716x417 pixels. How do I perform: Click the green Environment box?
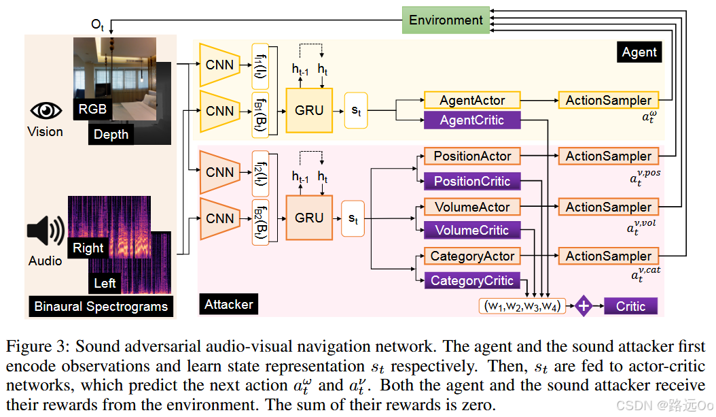point(446,20)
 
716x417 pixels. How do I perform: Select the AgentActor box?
point(472,100)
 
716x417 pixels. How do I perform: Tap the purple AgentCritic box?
point(472,120)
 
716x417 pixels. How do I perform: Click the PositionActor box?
point(472,156)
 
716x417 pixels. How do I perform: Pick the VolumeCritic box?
point(472,231)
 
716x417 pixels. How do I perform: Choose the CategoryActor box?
point(472,256)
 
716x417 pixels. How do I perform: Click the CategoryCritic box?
point(472,280)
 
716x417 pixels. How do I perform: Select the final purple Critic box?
point(630,306)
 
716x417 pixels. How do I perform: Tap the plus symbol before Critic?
point(584,306)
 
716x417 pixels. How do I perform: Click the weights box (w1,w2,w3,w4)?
point(521,306)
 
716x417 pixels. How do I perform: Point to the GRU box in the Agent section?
point(309,110)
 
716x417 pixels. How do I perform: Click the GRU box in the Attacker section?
point(309,218)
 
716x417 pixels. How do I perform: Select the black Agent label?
point(639,52)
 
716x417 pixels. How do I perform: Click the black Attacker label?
point(228,304)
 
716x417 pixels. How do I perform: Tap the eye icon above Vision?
point(45,111)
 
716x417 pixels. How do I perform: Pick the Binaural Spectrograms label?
point(101,306)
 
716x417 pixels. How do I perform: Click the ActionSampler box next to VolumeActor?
point(609,207)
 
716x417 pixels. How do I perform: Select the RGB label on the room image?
point(92,109)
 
